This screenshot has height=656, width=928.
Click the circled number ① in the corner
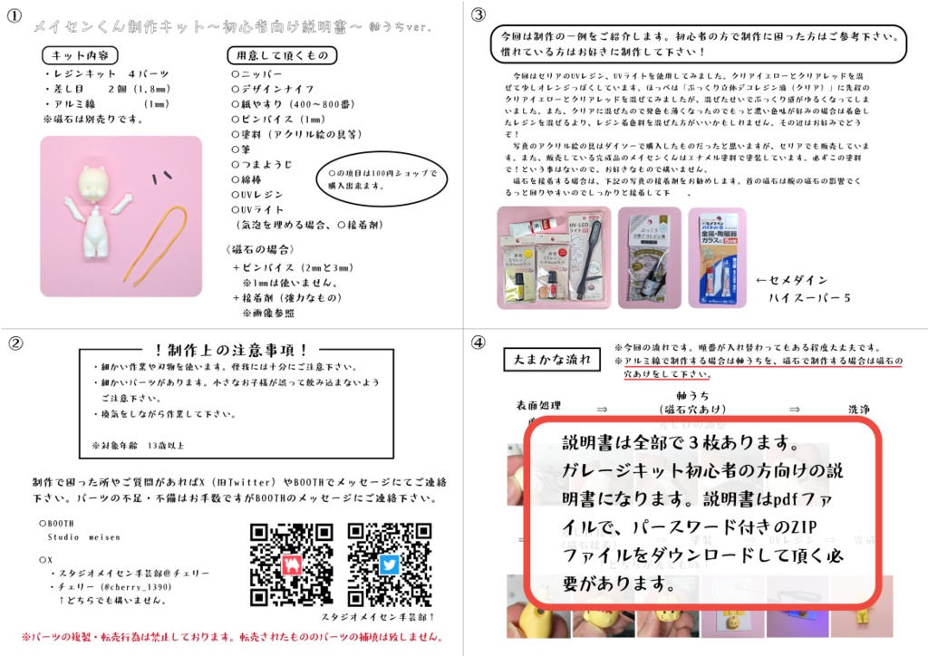pos(14,14)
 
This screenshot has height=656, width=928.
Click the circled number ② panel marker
pos(14,342)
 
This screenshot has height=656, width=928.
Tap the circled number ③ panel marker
pos(478,14)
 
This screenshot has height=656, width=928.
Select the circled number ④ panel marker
pos(478,342)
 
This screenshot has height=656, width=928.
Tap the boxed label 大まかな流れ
pos(552,361)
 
